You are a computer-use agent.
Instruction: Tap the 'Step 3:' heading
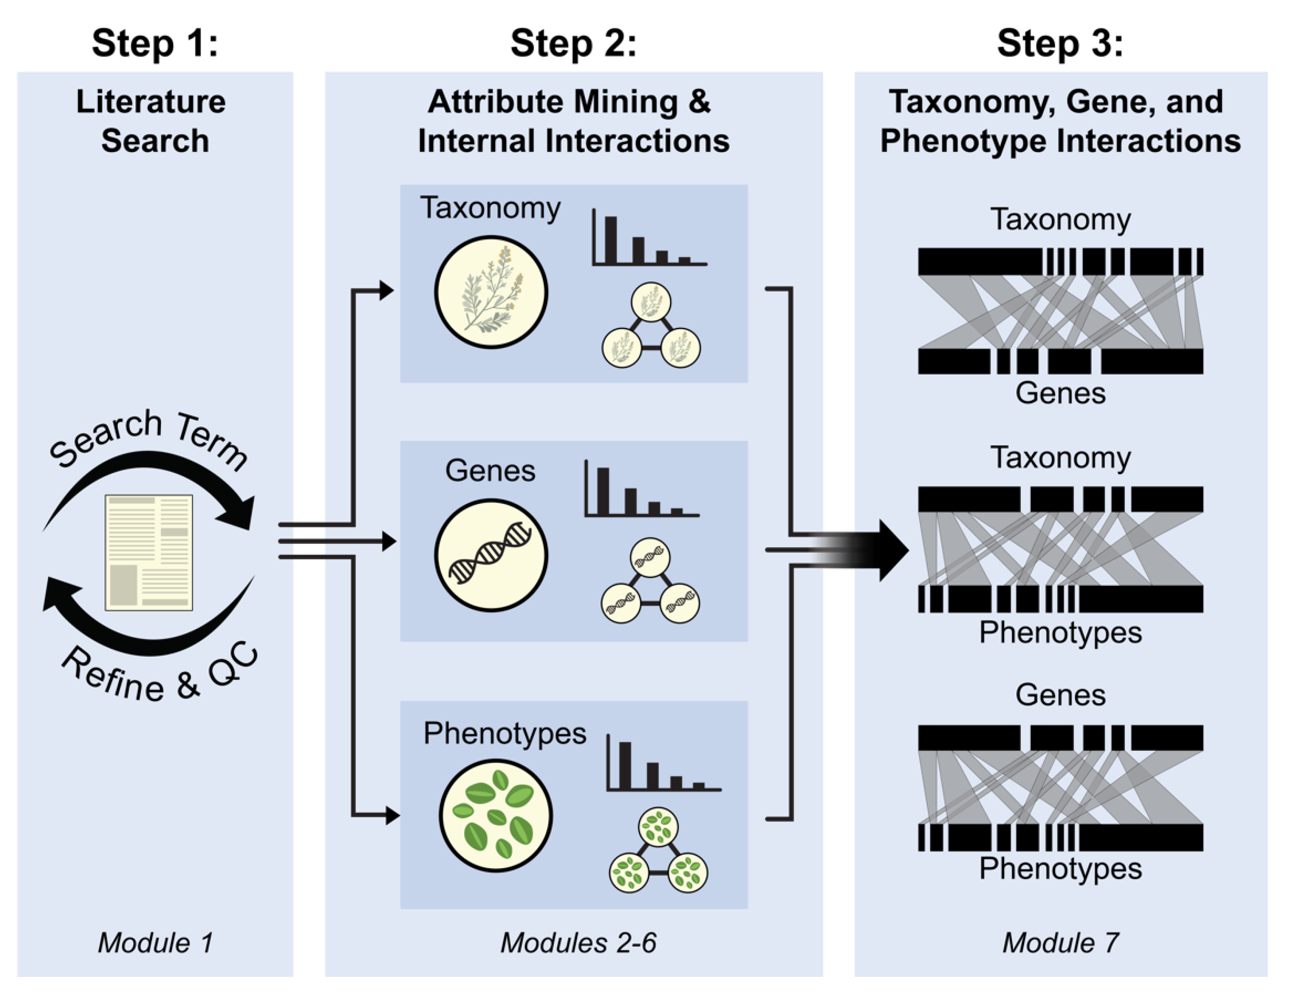pyautogui.click(x=1060, y=44)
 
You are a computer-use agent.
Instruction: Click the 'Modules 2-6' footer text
pyautogui.click(x=578, y=943)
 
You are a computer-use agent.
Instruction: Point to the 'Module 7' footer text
pyautogui.click(x=1060, y=943)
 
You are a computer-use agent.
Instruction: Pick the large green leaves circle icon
pyautogui.click(x=496, y=816)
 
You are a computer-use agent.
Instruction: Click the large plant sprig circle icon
pyautogui.click(x=491, y=292)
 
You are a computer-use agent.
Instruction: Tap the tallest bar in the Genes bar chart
pyautogui.click(x=603, y=491)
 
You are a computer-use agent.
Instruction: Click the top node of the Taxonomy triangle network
pyautogui.click(x=651, y=302)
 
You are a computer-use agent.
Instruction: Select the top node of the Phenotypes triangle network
pyautogui.click(x=658, y=827)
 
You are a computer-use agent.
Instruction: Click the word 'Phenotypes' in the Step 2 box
pyautogui.click(x=505, y=733)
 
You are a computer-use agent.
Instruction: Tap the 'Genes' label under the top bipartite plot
pyautogui.click(x=1060, y=393)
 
